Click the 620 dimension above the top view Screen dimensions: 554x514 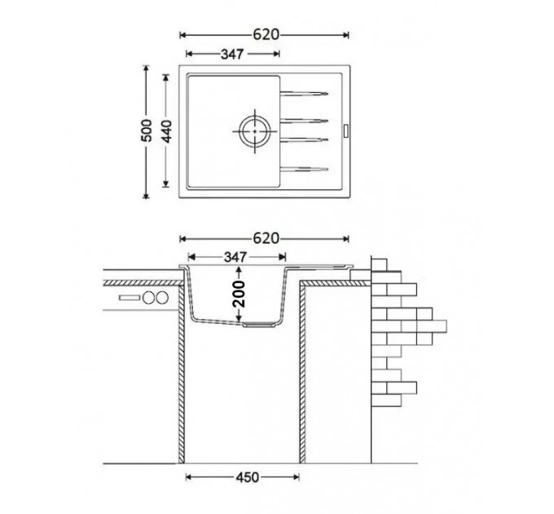click(x=266, y=34)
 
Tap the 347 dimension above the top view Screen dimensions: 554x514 click(x=232, y=54)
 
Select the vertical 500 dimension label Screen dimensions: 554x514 click(x=147, y=131)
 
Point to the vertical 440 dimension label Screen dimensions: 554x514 click(x=166, y=131)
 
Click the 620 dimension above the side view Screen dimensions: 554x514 click(x=266, y=239)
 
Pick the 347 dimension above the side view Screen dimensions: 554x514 click(x=235, y=257)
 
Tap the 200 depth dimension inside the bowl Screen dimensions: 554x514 click(x=240, y=294)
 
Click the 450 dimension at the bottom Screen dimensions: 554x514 click(x=248, y=477)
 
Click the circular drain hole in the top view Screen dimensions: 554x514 click(x=255, y=131)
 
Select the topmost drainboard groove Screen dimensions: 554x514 click(x=304, y=94)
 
